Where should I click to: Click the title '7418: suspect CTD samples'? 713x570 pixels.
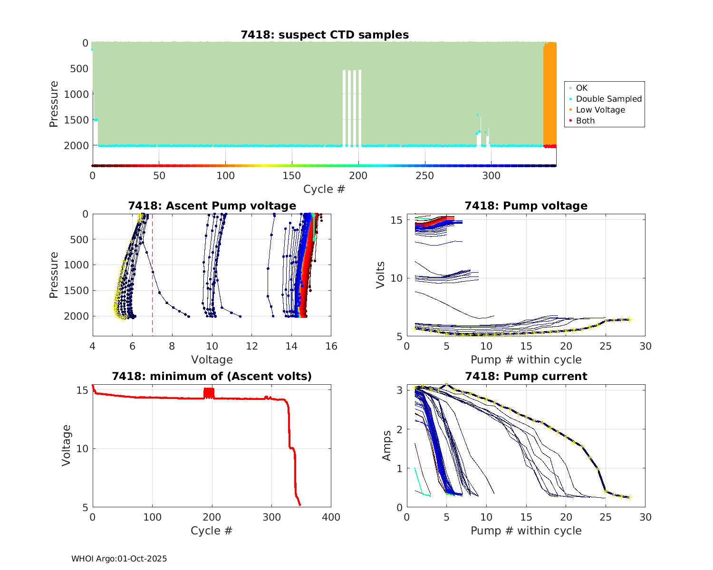coord(325,35)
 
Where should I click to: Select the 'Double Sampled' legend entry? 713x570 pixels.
coord(608,99)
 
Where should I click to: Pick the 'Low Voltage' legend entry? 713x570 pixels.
coord(600,110)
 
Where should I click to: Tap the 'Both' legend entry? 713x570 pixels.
coord(585,121)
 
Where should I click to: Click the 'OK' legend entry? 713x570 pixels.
coord(581,88)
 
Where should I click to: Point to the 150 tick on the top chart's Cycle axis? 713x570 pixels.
coord(292,176)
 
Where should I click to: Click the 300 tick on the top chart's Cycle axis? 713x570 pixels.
coord(491,176)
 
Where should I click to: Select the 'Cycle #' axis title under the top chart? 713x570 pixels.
coord(324,189)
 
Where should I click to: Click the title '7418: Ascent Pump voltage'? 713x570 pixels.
coord(212,206)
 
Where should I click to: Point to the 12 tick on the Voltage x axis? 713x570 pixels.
coord(252,346)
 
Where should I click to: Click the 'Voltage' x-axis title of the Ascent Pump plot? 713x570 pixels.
coord(212,360)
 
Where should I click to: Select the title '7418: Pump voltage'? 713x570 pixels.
coord(526,206)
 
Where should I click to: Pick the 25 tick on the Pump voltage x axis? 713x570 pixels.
coord(606,346)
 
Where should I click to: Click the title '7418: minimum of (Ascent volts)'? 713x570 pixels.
coord(212,376)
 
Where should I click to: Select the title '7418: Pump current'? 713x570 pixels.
coord(526,376)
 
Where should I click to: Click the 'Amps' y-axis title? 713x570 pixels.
coord(386,446)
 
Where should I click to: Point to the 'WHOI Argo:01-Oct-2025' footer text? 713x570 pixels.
coord(119,559)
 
